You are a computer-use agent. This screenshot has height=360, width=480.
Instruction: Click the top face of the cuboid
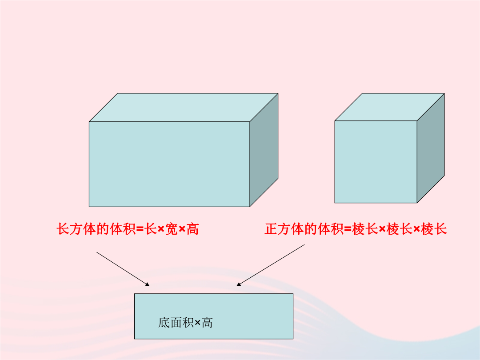click(184, 108)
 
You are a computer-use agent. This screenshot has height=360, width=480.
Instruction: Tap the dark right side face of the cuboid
click(264, 150)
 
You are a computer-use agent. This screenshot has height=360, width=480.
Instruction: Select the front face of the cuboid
click(169, 164)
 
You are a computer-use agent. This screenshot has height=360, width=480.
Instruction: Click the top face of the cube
click(389, 107)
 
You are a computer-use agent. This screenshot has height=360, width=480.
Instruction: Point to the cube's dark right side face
click(431, 148)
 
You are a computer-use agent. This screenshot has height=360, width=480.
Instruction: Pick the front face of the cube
click(376, 162)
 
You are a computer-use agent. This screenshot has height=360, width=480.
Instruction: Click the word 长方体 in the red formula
click(76, 229)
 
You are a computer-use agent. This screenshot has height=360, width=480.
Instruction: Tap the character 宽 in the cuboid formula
click(172, 229)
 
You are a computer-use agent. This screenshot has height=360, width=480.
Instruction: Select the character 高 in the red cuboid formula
click(192, 229)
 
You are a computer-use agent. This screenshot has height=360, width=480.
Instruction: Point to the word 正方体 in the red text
click(284, 229)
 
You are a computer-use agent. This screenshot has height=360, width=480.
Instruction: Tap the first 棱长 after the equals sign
click(365, 229)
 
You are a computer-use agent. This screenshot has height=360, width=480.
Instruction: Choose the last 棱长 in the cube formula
click(434, 229)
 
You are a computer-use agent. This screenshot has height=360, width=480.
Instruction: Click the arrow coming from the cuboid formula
click(123, 269)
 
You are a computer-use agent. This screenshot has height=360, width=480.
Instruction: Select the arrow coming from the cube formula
click(271, 265)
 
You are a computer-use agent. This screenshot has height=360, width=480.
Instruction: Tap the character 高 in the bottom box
click(207, 323)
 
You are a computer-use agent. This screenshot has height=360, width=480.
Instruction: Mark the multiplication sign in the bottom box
click(197, 323)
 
